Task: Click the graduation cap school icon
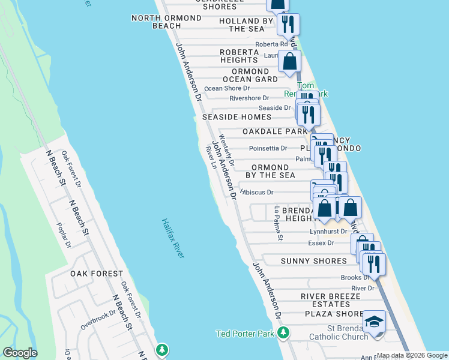click(x=374, y=322)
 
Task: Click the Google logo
click(x=20, y=353)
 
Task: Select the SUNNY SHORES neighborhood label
click(x=314, y=261)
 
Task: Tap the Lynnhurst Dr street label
click(x=328, y=231)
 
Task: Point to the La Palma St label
click(x=278, y=224)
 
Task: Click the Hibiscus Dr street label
click(x=257, y=193)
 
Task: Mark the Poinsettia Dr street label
click(x=267, y=148)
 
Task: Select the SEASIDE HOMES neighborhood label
click(x=237, y=117)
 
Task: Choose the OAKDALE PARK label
click(x=275, y=131)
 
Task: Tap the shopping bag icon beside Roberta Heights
click(x=289, y=61)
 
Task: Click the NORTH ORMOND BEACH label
click(x=166, y=22)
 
